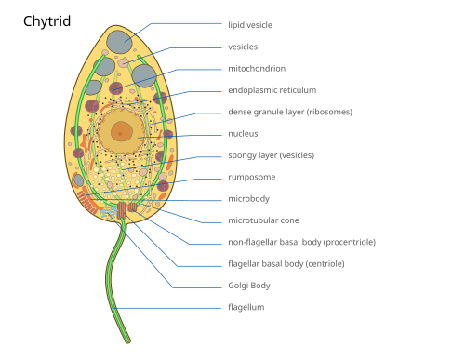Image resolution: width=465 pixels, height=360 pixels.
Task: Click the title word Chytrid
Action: [x=46, y=21]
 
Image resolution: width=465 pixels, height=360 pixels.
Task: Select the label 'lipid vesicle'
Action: [x=250, y=25]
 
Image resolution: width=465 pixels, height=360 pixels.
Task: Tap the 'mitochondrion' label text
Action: [x=257, y=69]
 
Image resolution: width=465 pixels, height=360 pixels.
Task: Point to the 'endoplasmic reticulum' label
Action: [x=272, y=90]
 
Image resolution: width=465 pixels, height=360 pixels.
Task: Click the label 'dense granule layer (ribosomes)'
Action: [x=290, y=112]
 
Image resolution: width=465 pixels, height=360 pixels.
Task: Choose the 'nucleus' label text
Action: [x=243, y=134]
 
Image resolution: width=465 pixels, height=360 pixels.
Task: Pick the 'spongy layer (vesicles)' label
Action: [x=271, y=155]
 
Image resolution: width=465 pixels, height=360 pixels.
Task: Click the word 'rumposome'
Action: [x=252, y=178]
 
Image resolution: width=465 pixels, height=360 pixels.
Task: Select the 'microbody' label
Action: [x=248, y=199]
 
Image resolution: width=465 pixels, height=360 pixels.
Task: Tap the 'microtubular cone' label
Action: [x=263, y=220]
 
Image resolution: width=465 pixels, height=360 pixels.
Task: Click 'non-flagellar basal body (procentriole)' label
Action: [x=301, y=242]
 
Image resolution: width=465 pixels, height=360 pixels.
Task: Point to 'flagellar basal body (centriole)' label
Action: [x=286, y=264]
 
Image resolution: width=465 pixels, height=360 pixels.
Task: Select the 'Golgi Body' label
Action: [x=249, y=286]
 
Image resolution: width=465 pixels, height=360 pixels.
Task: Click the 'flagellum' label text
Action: [x=246, y=307]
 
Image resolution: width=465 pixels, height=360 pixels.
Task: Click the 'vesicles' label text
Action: [x=243, y=47]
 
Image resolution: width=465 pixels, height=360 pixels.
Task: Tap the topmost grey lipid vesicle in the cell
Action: [x=119, y=42]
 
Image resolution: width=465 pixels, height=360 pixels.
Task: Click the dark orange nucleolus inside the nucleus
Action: [x=122, y=131]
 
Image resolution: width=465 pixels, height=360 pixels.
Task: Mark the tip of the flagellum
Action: [x=128, y=341]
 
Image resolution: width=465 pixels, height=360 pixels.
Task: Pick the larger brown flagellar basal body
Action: [x=122, y=209]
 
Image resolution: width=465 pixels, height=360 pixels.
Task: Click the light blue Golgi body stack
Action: [x=109, y=211]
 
